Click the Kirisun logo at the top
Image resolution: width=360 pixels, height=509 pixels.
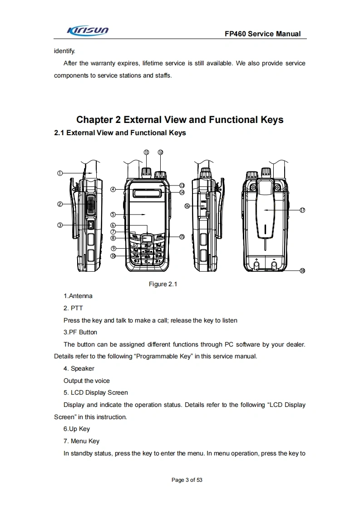click(88, 30)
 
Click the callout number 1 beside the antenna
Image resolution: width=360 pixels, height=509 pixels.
click(59, 173)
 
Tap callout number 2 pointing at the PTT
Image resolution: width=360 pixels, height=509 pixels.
click(59, 204)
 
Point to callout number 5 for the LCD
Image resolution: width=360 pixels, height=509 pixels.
click(113, 214)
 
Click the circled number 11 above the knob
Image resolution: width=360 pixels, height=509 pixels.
click(146, 152)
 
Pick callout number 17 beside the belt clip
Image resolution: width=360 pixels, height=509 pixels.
click(302, 210)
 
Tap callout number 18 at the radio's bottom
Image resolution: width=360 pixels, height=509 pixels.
click(302, 271)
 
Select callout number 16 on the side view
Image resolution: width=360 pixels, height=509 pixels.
click(187, 206)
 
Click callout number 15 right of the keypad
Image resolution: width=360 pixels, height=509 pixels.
click(182, 236)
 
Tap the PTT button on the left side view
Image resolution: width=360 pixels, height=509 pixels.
click(91, 206)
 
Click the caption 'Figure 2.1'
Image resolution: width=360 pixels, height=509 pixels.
click(163, 284)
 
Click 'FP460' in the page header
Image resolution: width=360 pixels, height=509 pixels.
click(235, 34)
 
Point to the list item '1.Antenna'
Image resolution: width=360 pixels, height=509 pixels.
click(78, 296)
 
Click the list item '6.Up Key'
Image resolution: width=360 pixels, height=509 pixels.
click(77, 429)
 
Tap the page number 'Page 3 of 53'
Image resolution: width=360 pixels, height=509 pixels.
click(187, 480)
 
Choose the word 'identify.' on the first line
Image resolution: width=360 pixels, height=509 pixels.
click(64, 51)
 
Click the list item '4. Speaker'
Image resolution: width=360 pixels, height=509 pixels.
click(79, 368)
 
